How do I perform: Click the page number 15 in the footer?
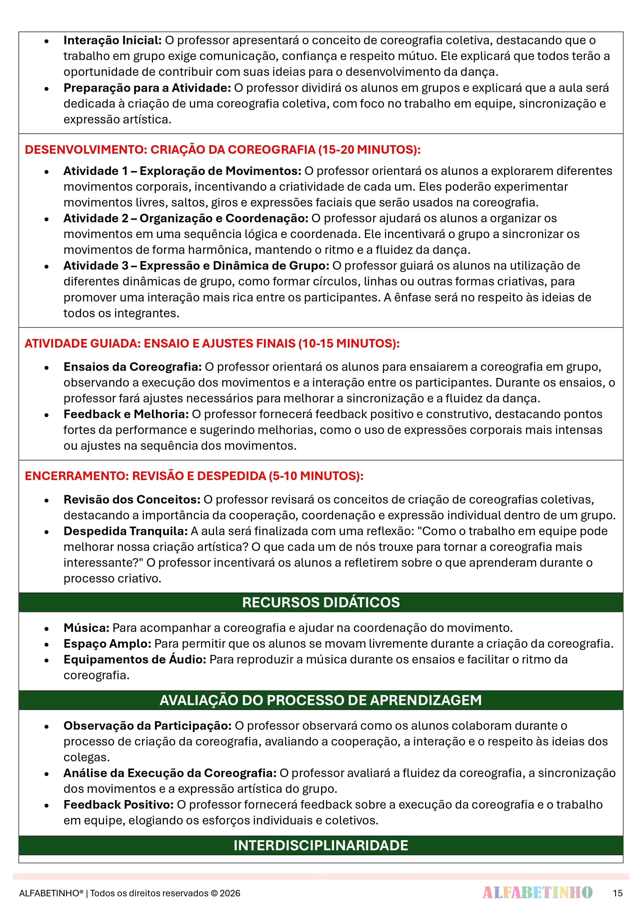pyautogui.click(x=617, y=893)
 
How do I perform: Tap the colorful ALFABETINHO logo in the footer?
pyautogui.click(x=537, y=892)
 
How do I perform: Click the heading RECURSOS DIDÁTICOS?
pyautogui.click(x=321, y=602)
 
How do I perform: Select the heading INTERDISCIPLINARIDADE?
pyautogui.click(x=321, y=845)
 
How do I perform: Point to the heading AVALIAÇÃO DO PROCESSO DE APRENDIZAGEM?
pyautogui.click(x=321, y=700)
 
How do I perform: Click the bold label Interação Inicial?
pyautogui.click(x=112, y=40)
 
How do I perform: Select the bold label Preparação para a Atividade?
pyautogui.click(x=147, y=88)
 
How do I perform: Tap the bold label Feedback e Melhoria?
pyautogui.click(x=126, y=414)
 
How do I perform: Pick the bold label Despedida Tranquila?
pyautogui.click(x=126, y=531)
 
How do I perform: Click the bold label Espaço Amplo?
pyautogui.click(x=107, y=644)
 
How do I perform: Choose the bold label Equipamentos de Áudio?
pyautogui.click(x=135, y=659)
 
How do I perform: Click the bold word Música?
pyautogui.click(x=86, y=628)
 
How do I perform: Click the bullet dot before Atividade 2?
pyautogui.click(x=47, y=219)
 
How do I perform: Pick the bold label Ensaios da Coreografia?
pyautogui.click(x=132, y=367)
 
